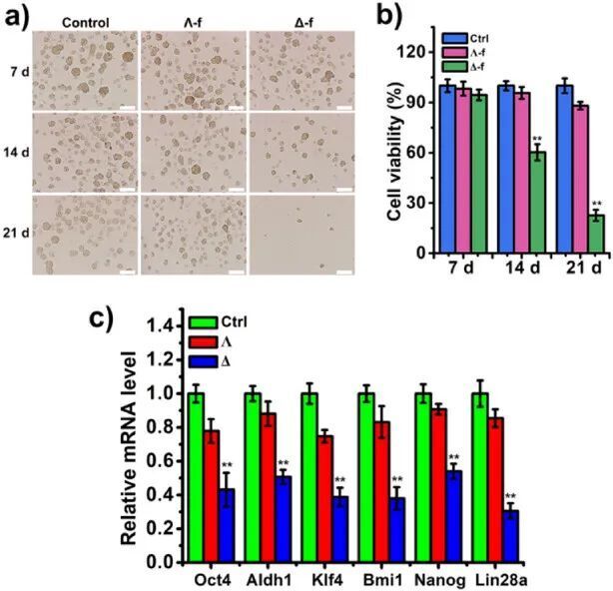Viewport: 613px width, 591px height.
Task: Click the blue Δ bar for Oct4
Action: [x=227, y=525]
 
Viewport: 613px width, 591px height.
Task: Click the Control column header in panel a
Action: [x=85, y=22]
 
